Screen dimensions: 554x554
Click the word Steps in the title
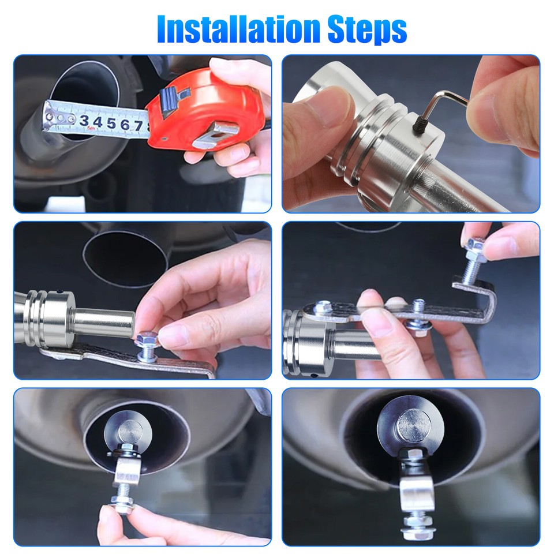(x=367, y=29)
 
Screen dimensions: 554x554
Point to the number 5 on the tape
(x=111, y=123)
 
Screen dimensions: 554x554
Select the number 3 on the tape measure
(x=84, y=121)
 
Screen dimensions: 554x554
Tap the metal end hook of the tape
(x=48, y=117)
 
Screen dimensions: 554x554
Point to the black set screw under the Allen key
(x=420, y=125)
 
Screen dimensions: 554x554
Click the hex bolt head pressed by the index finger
(x=147, y=340)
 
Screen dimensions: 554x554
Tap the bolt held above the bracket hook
(x=473, y=261)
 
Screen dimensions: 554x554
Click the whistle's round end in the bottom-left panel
(x=129, y=432)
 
